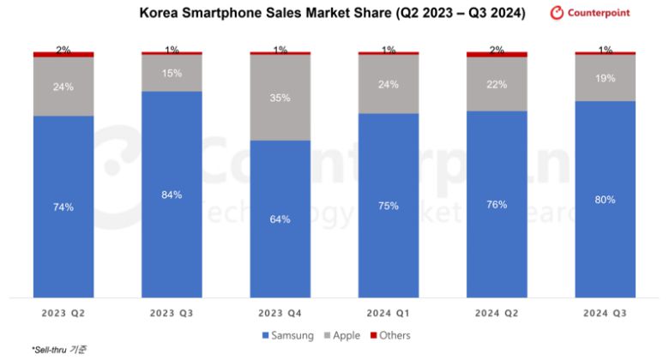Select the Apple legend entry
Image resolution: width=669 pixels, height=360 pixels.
(x=341, y=335)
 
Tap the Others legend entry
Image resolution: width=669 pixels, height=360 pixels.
(x=390, y=335)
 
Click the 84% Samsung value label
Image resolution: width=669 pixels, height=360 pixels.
(x=172, y=195)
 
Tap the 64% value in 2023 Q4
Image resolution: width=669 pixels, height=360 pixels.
(x=280, y=219)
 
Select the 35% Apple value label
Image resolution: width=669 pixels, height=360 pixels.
(x=280, y=98)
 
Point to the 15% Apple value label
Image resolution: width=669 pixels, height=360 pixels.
(x=172, y=73)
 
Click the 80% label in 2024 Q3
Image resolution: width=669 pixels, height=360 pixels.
(x=605, y=200)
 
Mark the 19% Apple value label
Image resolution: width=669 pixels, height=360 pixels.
(x=605, y=78)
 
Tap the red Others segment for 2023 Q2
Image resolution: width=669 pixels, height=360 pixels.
(x=63, y=55)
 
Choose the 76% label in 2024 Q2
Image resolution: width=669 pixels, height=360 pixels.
(x=497, y=205)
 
